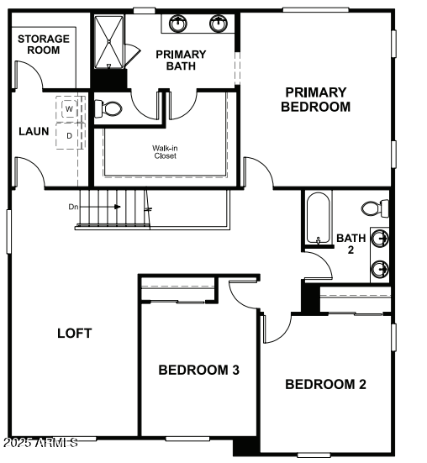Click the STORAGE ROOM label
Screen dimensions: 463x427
coord(39,45)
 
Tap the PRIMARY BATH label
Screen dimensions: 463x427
coord(181,60)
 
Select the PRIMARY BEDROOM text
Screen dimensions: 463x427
coord(315,99)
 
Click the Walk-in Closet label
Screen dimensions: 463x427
coord(164,151)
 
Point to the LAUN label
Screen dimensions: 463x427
coord(34,131)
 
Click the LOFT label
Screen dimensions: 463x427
coord(74,333)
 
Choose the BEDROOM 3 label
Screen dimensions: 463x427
coord(199,370)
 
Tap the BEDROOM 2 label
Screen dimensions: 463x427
coord(325,385)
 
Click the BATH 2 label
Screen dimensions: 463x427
coord(351,244)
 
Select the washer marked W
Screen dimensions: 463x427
coord(70,109)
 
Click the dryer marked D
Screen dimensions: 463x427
coord(70,134)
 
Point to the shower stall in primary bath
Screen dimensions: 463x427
coord(108,42)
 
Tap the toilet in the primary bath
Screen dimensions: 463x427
coord(109,108)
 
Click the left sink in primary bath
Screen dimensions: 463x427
coord(177,23)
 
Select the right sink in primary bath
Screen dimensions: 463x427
coord(219,23)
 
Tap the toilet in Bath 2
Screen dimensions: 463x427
coord(376,208)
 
